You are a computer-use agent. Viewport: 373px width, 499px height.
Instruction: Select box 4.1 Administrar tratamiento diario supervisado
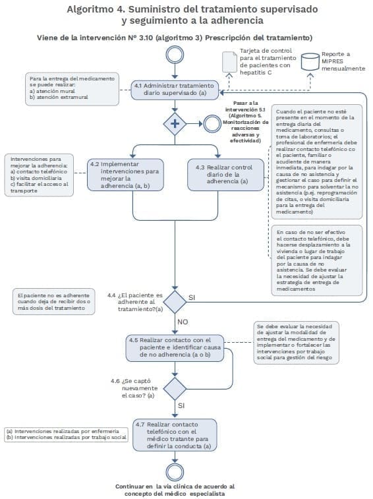click(x=175, y=90)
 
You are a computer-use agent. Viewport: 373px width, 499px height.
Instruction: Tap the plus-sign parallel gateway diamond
click(x=175, y=124)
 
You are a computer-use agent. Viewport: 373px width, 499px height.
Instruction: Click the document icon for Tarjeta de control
click(x=229, y=62)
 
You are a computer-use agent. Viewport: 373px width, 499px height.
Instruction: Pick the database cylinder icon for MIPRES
click(x=310, y=62)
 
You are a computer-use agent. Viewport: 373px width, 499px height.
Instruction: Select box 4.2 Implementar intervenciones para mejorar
click(x=125, y=175)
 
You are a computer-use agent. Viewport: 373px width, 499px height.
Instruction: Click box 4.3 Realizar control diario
click(x=225, y=175)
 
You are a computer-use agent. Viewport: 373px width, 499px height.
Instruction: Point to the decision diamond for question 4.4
click(x=175, y=302)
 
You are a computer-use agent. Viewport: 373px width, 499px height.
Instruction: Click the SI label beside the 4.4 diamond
click(x=192, y=297)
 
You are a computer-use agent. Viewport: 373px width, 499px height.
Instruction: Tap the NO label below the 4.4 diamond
click(x=183, y=322)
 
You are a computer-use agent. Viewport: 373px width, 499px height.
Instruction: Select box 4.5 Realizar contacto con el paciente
click(x=175, y=348)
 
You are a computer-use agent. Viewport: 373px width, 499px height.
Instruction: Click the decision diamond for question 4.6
click(x=175, y=388)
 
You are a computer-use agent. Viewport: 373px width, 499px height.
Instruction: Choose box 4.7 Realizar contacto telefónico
click(x=175, y=435)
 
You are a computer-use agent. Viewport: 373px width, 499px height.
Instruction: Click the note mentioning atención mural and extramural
click(x=72, y=89)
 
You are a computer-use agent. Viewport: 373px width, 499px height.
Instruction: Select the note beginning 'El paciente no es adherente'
click(x=54, y=302)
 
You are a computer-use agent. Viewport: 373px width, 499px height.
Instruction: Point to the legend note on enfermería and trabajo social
click(x=66, y=434)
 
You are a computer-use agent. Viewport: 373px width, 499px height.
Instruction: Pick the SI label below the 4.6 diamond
click(x=181, y=406)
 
